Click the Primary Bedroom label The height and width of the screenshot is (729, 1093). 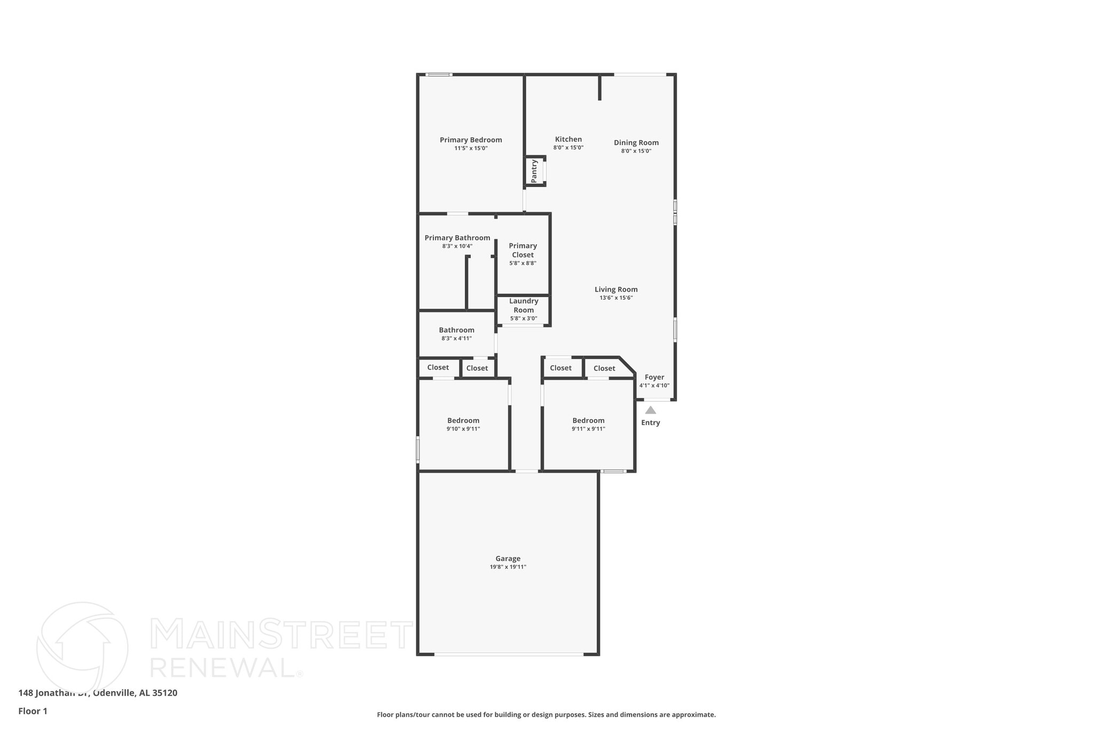471,140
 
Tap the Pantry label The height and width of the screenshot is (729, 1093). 534,171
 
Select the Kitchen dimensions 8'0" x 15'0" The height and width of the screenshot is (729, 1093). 568,148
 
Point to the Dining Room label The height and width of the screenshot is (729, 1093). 636,143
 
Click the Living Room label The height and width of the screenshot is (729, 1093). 616,289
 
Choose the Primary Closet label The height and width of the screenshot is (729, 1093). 522,250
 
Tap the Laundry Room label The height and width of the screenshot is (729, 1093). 524,305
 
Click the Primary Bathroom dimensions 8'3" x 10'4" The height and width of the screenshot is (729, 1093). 457,247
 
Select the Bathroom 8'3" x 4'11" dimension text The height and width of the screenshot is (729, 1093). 456,339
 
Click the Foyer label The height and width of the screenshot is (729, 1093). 654,377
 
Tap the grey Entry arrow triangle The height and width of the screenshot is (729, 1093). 650,410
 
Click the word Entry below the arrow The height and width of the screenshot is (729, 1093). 650,422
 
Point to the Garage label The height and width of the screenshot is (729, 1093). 508,559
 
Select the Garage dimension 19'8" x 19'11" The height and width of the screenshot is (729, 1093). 508,567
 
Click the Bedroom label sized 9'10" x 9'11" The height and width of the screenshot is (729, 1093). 463,420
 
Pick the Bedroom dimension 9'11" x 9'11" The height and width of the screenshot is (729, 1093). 588,429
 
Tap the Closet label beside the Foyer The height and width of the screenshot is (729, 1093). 604,369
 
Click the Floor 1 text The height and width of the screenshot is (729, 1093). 33,711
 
